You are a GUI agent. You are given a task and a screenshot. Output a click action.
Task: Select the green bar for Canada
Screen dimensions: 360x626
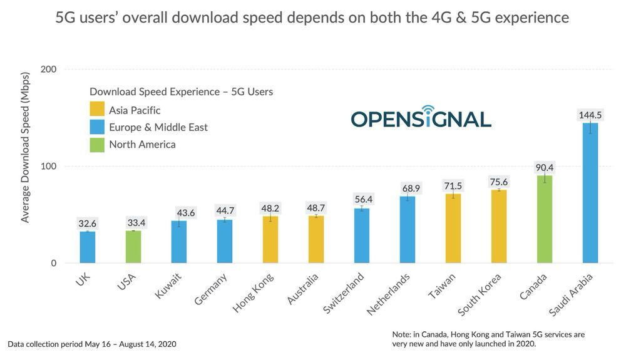[x=545, y=219]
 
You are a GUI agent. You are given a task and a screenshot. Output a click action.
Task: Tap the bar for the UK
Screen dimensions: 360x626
[x=87, y=247]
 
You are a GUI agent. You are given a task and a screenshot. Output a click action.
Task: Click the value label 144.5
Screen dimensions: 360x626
[x=590, y=115]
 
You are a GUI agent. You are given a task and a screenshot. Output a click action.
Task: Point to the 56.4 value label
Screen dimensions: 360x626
[x=362, y=199]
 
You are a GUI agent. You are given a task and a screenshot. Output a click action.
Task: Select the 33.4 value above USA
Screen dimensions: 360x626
[x=133, y=222]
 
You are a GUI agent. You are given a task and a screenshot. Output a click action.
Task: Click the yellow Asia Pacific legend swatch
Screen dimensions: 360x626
[x=97, y=110]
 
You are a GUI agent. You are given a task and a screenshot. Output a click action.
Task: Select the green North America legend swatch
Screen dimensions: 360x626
[x=97, y=145]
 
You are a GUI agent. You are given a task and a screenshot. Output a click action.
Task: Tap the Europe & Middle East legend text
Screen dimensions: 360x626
[x=158, y=128]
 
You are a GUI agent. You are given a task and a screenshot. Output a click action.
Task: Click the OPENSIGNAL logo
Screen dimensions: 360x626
[x=421, y=118]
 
